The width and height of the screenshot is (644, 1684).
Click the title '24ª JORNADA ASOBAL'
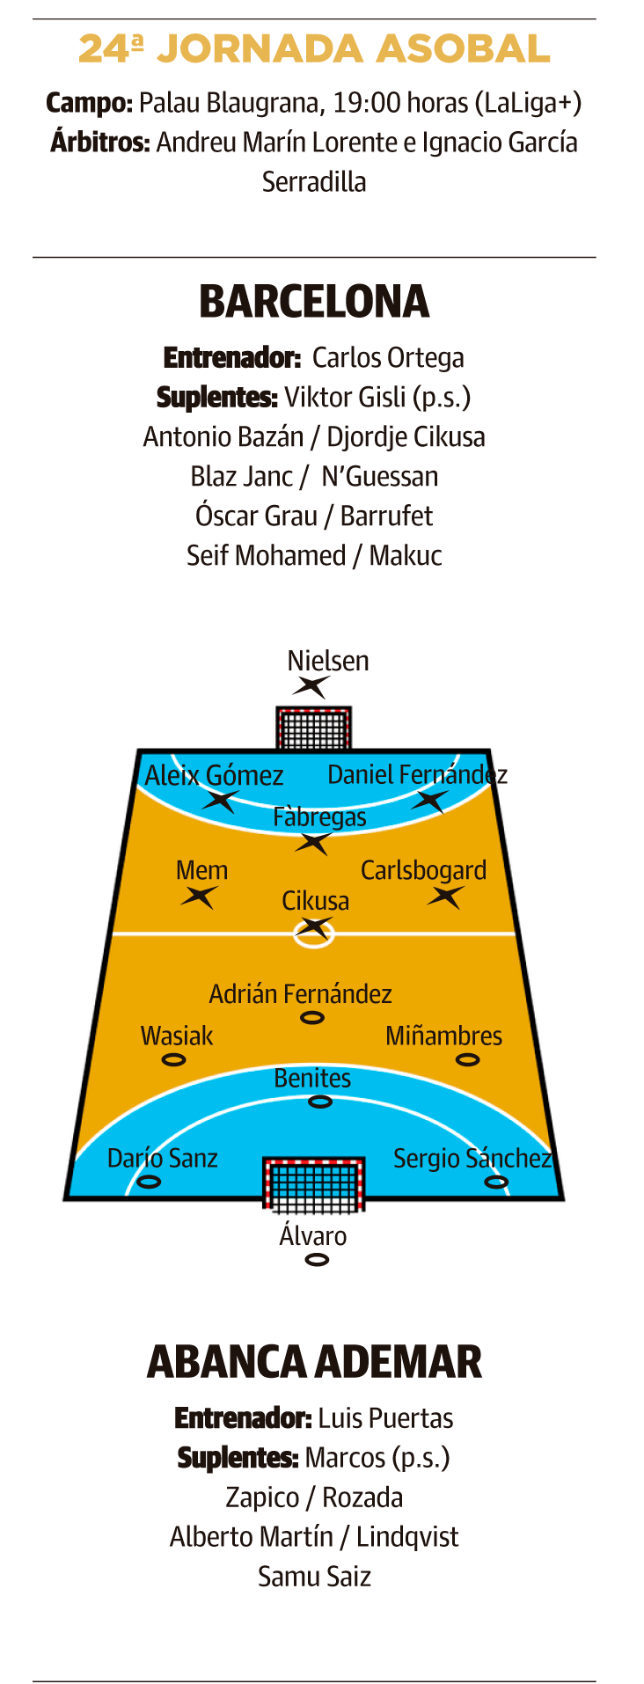point(314,49)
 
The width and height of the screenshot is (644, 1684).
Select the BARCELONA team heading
point(314,302)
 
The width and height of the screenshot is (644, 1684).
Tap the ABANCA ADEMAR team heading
point(314,1362)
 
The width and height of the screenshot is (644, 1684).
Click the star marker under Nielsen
point(311,686)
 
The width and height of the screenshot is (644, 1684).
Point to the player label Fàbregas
point(319,817)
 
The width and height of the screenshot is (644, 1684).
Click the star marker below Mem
point(200,897)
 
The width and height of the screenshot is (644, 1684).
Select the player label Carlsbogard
point(423,870)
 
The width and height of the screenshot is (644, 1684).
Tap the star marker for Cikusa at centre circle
point(314,927)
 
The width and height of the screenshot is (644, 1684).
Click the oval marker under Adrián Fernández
point(312,1018)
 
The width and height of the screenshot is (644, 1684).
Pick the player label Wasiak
point(177,1036)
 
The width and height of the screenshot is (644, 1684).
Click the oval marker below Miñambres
point(467,1059)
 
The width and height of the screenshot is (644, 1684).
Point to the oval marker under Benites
point(319,1102)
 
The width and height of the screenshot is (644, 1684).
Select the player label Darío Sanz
point(162,1158)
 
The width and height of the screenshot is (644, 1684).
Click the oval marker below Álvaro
point(317,1260)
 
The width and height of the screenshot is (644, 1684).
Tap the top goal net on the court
point(314,728)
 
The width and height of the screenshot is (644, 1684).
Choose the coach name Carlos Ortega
point(388,358)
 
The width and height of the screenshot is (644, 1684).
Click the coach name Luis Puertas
point(385,1418)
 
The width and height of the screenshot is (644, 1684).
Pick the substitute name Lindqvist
point(407,1537)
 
